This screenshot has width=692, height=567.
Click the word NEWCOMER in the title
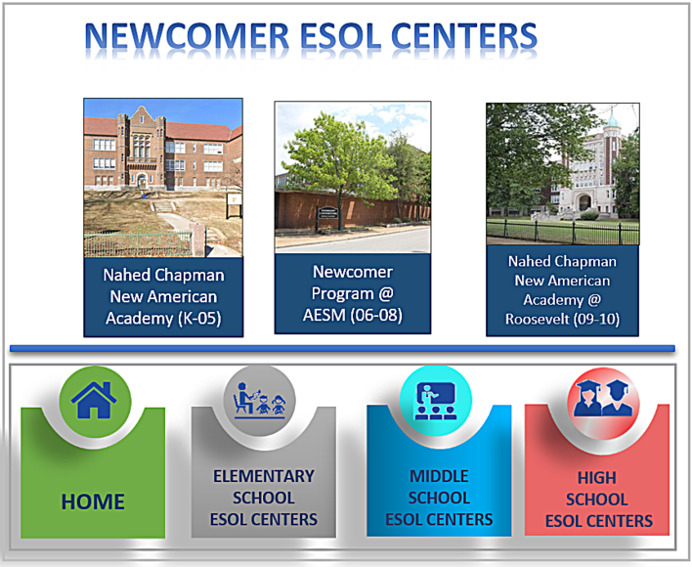click(x=187, y=36)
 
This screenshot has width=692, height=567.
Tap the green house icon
click(x=94, y=400)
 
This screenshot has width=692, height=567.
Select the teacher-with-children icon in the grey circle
click(x=260, y=400)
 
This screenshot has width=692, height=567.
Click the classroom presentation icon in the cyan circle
click(x=436, y=400)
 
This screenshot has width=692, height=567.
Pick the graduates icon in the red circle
click(x=603, y=399)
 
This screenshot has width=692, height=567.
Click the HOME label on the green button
click(x=93, y=502)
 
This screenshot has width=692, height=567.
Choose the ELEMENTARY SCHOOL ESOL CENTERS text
click(x=264, y=498)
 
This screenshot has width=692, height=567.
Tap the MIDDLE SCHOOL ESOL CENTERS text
click(x=439, y=498)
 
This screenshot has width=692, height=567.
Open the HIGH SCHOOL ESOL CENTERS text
click(x=598, y=500)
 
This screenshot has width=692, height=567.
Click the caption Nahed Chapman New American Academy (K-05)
click(x=163, y=296)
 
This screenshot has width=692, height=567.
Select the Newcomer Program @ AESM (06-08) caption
click(x=353, y=293)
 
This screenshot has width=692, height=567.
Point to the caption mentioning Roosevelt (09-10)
click(x=562, y=290)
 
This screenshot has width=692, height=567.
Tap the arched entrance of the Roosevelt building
click(x=584, y=202)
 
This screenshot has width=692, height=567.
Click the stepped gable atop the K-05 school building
click(x=141, y=117)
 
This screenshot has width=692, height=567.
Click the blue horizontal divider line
click(x=342, y=349)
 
